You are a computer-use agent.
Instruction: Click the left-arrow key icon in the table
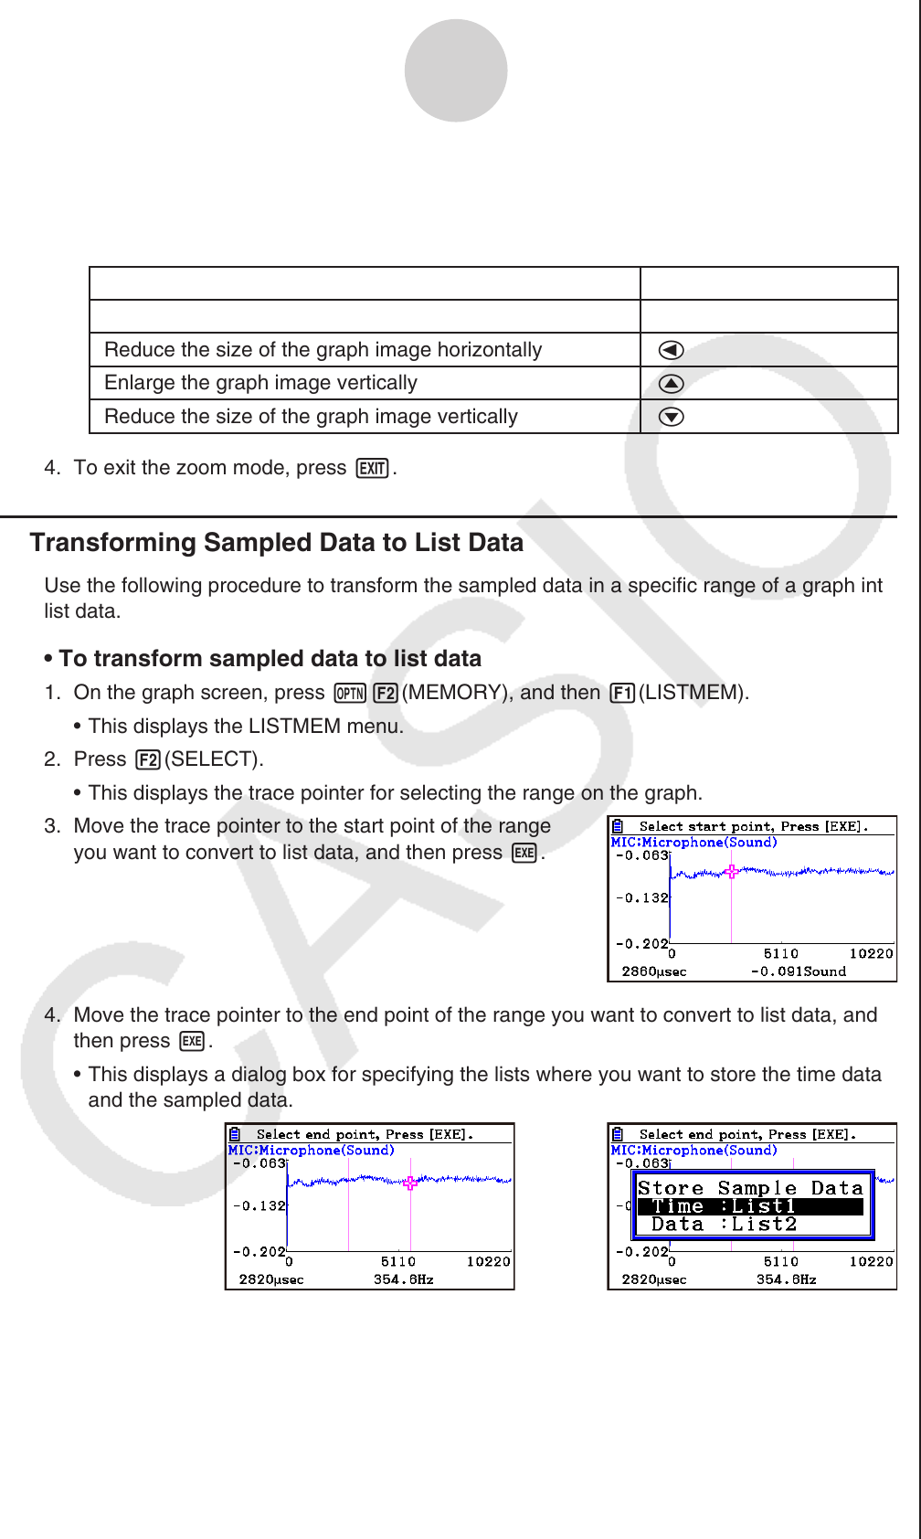click(x=671, y=350)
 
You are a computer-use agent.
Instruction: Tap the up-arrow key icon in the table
click(x=671, y=384)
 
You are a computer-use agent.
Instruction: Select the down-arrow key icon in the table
click(x=671, y=417)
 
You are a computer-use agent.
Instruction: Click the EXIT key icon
click(x=373, y=469)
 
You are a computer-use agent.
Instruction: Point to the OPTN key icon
click(x=350, y=694)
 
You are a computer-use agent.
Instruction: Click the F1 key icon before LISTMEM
click(x=622, y=694)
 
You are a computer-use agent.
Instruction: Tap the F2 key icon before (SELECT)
click(x=147, y=760)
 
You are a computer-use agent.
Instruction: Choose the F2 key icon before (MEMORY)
click(x=386, y=694)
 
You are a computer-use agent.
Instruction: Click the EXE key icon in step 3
click(x=524, y=854)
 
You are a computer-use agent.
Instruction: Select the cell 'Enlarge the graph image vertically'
click(x=261, y=383)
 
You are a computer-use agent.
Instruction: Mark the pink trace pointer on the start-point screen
click(x=731, y=871)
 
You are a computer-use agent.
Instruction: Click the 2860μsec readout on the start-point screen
click(x=654, y=971)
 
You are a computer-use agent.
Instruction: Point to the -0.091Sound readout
click(x=798, y=971)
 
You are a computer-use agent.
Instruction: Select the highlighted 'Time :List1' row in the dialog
click(x=750, y=1206)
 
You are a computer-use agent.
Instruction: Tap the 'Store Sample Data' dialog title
click(x=750, y=1188)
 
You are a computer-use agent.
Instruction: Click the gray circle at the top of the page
click(x=456, y=70)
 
